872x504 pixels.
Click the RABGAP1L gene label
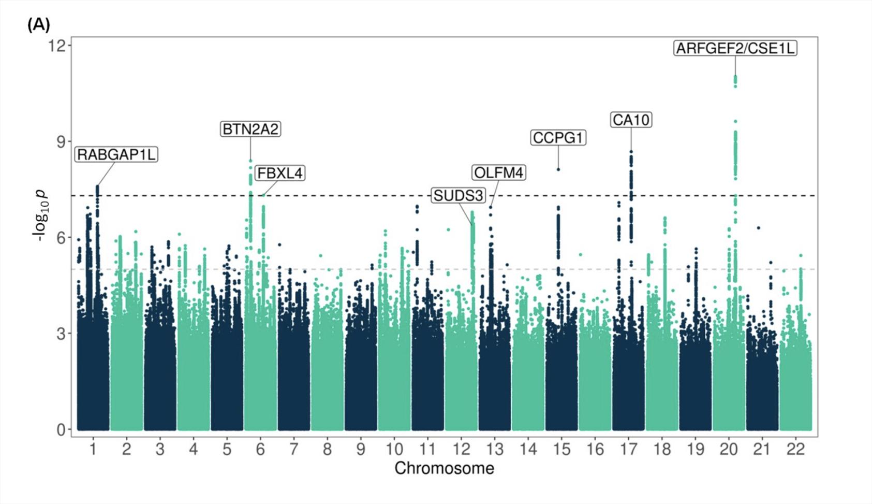click(x=116, y=154)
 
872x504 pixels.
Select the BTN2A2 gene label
click(x=250, y=129)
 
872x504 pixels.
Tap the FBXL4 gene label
click(x=280, y=173)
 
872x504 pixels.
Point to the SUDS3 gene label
click(x=459, y=196)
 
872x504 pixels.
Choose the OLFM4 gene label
click(x=499, y=172)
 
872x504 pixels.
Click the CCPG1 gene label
click(x=558, y=138)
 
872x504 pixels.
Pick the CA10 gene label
click(x=631, y=120)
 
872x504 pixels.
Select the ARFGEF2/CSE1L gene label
click(x=735, y=48)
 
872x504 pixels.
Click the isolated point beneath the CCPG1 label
click(x=558, y=169)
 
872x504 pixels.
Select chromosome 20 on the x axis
click(x=728, y=449)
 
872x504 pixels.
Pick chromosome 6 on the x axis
click(x=260, y=449)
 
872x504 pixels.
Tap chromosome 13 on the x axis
click(x=494, y=449)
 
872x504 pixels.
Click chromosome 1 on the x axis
click(x=93, y=449)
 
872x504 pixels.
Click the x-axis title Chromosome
click(x=444, y=468)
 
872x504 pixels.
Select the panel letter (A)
click(x=38, y=24)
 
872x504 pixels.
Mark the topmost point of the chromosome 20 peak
click(x=735, y=77)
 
